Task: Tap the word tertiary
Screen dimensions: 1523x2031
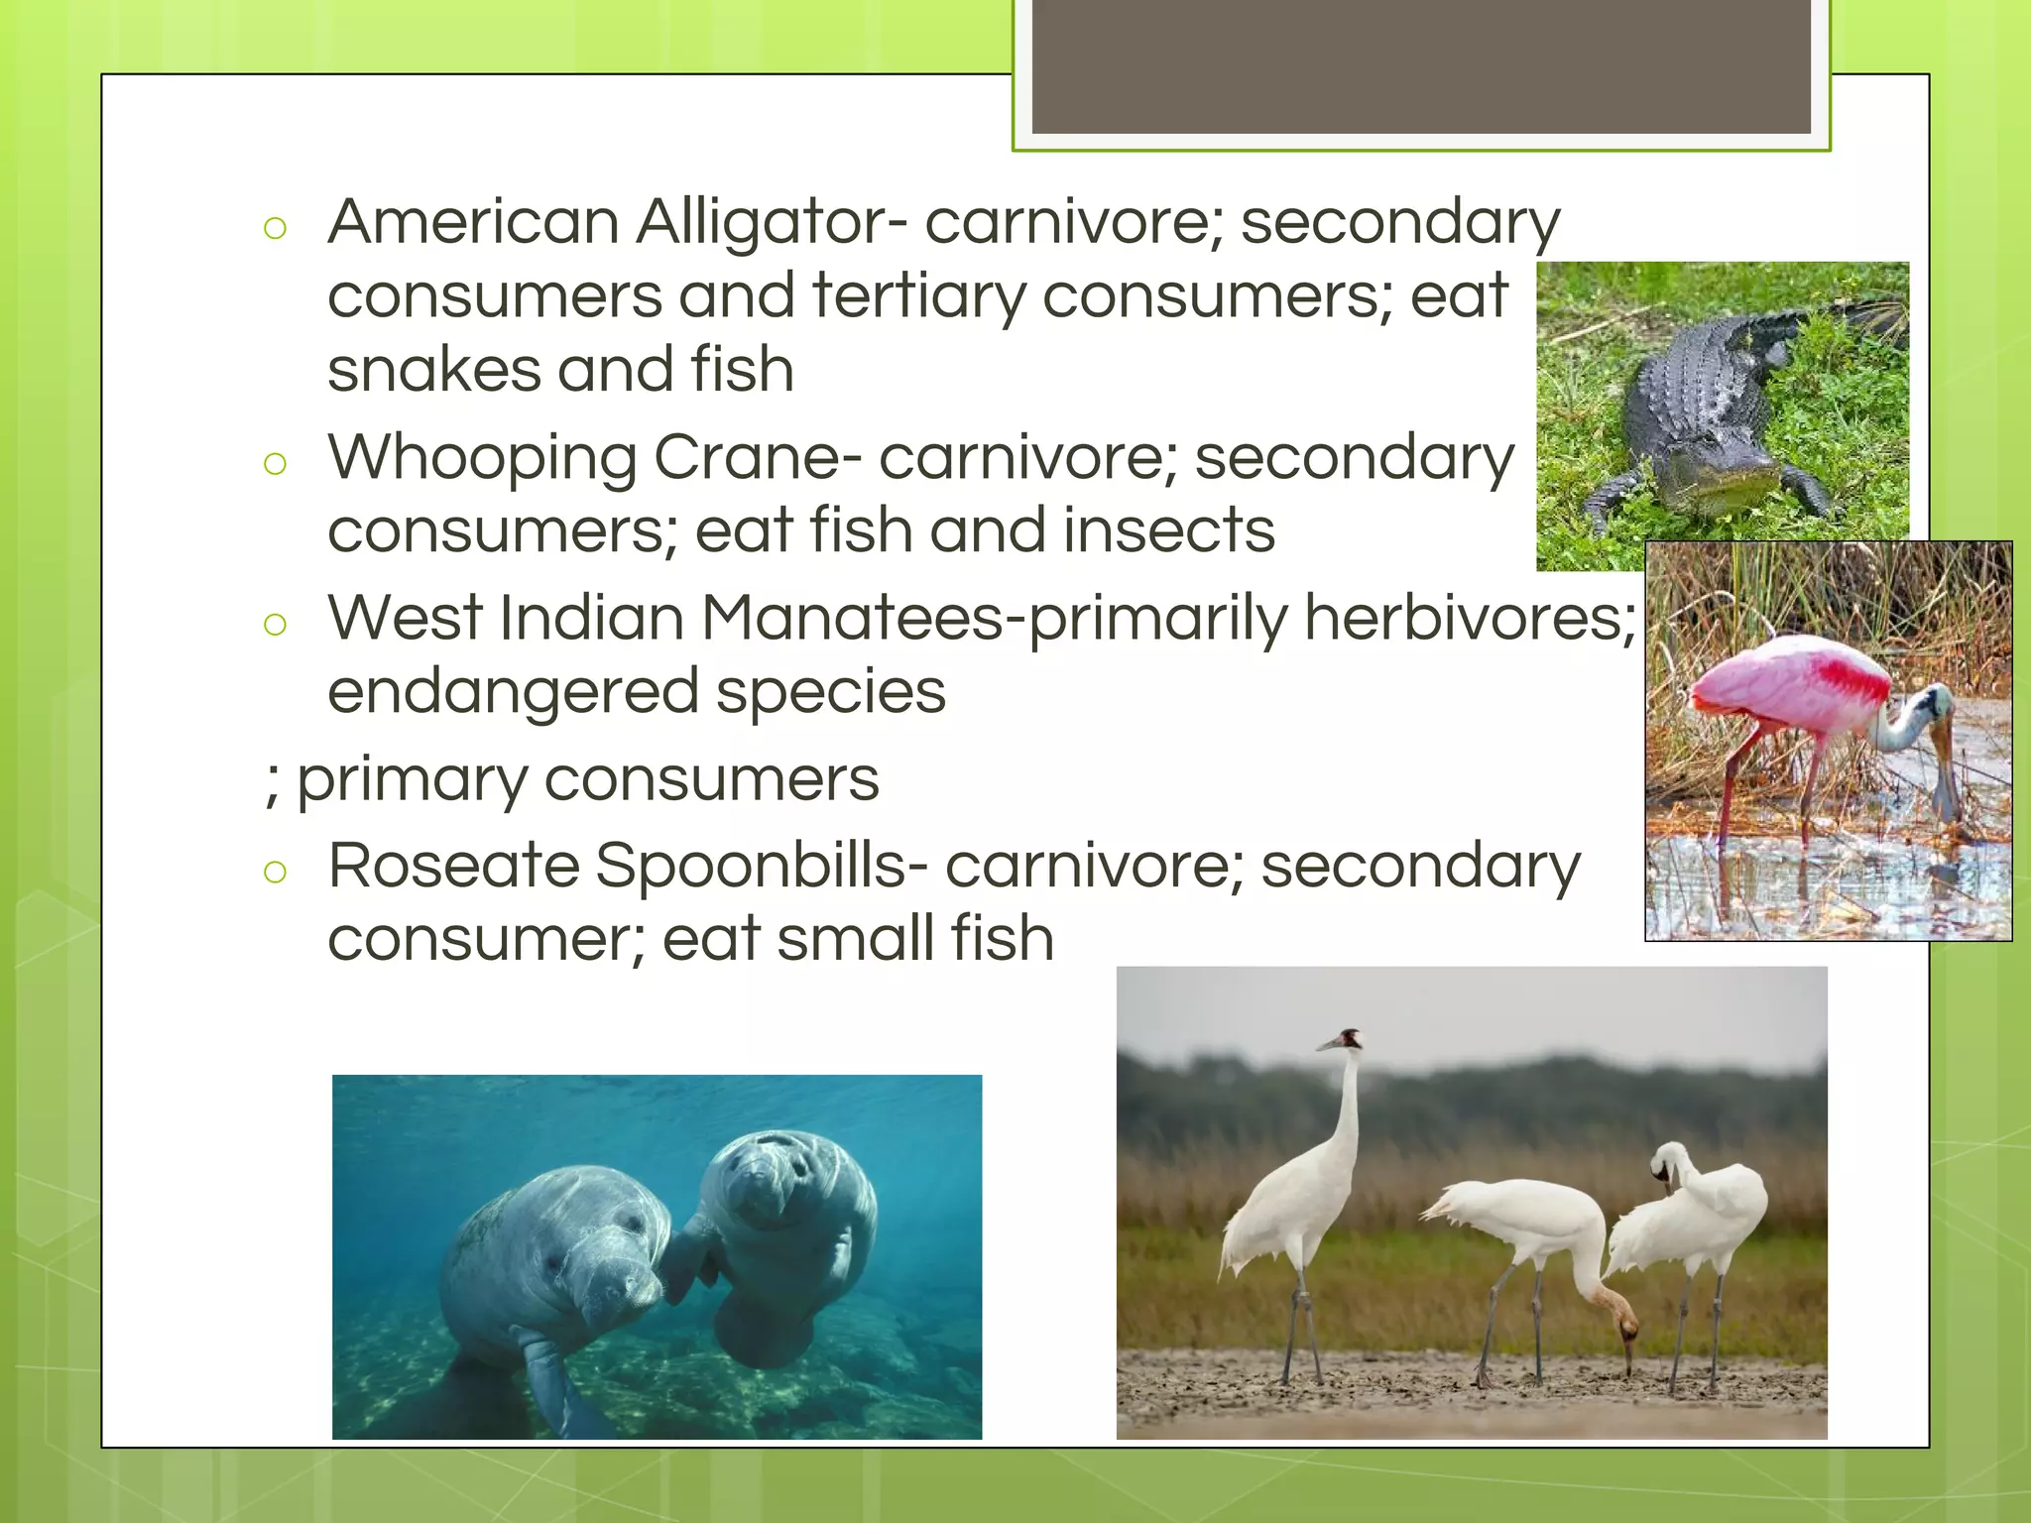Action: [918, 295]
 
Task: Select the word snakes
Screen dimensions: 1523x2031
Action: [432, 370]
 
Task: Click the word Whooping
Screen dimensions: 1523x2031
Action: [482, 459]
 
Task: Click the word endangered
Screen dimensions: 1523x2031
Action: [513, 691]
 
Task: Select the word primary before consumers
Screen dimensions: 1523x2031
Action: [411, 779]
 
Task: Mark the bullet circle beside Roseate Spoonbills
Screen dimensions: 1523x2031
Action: [276, 873]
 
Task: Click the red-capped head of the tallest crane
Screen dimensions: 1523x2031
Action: [1347, 1040]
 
